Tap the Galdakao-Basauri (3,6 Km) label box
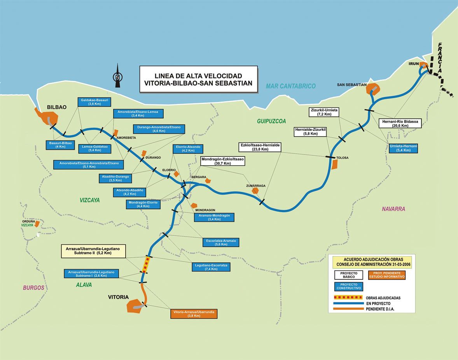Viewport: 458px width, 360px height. coord(94,102)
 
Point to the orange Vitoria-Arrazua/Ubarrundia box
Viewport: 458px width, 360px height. coord(193,314)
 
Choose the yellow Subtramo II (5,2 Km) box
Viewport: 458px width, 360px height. coord(93,251)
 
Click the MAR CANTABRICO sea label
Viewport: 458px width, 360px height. coord(291,86)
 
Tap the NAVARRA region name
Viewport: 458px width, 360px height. coord(393,209)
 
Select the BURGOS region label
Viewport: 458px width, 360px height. coord(33,288)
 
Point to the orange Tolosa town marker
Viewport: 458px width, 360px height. coord(334,164)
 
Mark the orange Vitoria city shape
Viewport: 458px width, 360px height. coord(135,305)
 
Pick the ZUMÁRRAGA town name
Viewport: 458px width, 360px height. coord(256,186)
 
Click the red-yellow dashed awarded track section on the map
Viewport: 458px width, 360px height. coord(146,265)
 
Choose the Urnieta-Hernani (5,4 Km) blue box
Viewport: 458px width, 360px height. coord(403,148)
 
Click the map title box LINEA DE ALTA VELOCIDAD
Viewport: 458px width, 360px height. coord(198,79)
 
